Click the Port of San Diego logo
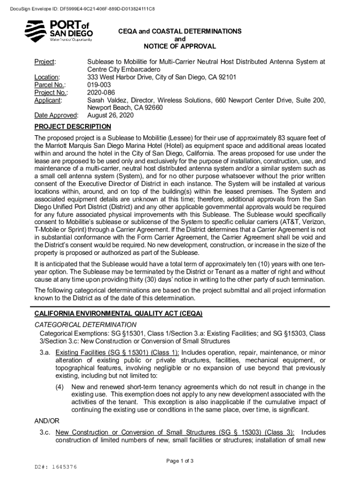pyautogui.click(x=58, y=31)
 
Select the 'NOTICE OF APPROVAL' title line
pyautogui.click(x=180, y=46)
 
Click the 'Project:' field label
pyautogui.click(x=45, y=62)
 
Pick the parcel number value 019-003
pyautogui.click(x=99, y=85)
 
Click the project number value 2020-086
pyautogui.click(x=101, y=92)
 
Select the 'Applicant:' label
pyautogui.click(x=49, y=100)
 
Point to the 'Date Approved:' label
pyautogui.click(x=57, y=115)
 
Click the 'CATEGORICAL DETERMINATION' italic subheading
pyautogui.click(x=86, y=325)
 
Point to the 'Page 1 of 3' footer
pyautogui.click(x=180, y=461)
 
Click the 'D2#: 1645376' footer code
pyautogui.click(x=56, y=467)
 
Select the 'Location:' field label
pyautogui.click(x=47, y=77)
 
